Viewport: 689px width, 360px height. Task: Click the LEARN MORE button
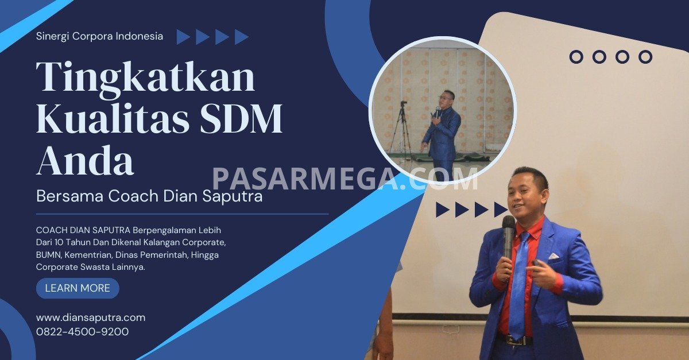78,288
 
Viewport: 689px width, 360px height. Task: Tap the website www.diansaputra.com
91,318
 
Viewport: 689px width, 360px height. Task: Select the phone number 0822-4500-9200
83,332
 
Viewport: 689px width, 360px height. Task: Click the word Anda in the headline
85,160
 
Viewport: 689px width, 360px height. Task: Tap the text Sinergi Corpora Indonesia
100,36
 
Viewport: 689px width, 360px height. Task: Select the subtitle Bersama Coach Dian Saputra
149,196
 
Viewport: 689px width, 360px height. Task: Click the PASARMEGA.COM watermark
345,179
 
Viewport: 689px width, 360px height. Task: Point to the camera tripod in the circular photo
401,129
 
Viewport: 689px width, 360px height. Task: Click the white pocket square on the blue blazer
554,256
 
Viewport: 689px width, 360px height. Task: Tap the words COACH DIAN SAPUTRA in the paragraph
83,230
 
